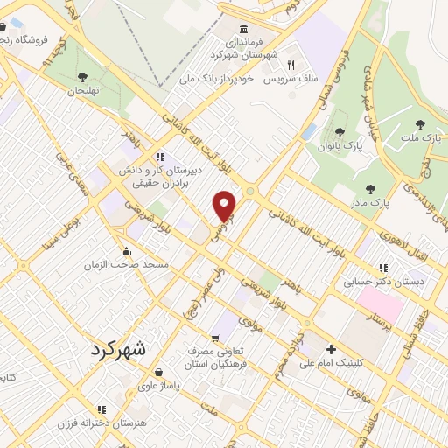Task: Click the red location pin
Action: (225, 205)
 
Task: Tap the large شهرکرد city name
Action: (121, 348)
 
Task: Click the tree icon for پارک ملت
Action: (420, 124)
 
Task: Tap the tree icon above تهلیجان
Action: (83, 78)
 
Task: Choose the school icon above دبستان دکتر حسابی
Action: (382, 268)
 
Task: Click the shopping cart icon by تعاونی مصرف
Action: (215, 338)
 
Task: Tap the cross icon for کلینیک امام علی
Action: (331, 348)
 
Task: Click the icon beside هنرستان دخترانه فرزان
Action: (101, 409)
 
